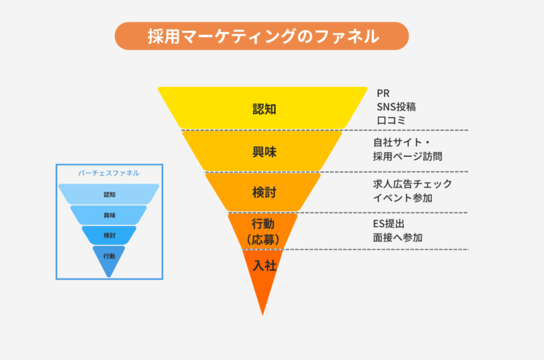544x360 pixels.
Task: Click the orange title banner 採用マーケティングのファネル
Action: pos(262,36)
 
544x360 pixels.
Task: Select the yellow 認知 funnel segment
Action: pos(263,107)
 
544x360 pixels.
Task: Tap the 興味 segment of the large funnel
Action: pos(262,151)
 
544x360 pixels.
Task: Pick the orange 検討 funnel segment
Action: pos(263,192)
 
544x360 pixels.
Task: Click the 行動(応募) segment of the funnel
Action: pos(263,231)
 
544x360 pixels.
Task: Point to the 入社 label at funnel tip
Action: pos(264,266)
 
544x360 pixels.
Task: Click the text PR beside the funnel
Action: pos(383,93)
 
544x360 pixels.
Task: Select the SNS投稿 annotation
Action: pos(396,107)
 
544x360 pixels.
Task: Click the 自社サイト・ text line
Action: pos(402,142)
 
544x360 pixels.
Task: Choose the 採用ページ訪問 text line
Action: pos(408,156)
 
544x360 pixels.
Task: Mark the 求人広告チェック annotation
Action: pos(412,183)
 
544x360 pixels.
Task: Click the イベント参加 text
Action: pos(402,198)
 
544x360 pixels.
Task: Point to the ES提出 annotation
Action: pos(389,223)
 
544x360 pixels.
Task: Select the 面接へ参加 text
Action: pos(398,237)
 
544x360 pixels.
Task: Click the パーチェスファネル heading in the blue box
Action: pos(109,173)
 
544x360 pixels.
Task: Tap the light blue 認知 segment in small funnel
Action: pos(109,194)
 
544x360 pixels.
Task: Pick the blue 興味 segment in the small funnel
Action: pos(109,216)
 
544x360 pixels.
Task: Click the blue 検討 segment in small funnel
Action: pos(109,235)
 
